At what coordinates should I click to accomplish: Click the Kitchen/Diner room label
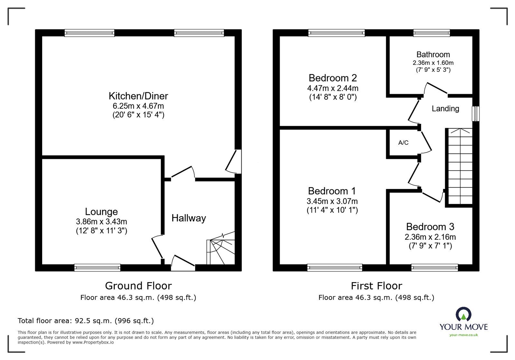click(x=138, y=96)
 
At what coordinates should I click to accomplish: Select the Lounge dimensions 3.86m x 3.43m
click(x=101, y=221)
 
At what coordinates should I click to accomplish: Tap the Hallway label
click(x=189, y=218)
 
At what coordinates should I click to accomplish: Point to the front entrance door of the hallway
click(x=183, y=263)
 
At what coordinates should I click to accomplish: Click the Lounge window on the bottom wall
click(x=97, y=267)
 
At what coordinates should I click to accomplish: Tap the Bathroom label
click(x=433, y=54)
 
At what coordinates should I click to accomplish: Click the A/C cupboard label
click(x=403, y=143)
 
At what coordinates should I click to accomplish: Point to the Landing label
click(x=445, y=109)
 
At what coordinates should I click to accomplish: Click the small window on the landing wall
click(x=475, y=114)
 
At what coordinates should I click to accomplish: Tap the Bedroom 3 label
click(x=430, y=227)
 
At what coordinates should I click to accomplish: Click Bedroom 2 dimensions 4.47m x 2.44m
click(x=333, y=88)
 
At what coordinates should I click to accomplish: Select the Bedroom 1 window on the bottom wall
click(x=335, y=267)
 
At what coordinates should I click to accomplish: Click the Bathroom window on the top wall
click(x=431, y=32)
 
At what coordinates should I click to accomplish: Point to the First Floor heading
click(x=376, y=286)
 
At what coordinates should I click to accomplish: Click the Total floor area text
click(x=86, y=321)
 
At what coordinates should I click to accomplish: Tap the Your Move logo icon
click(x=464, y=314)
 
